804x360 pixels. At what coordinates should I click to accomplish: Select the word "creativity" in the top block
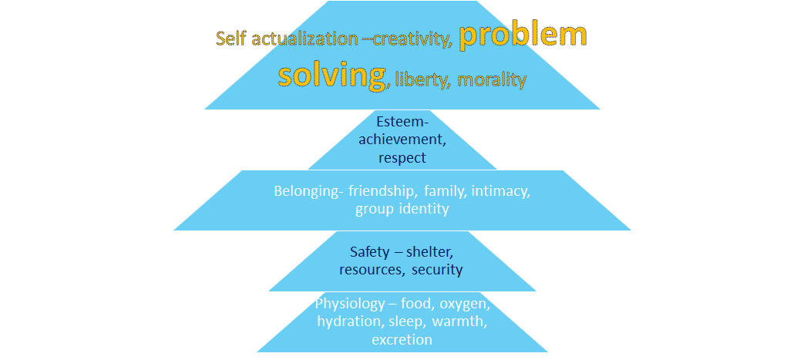pyautogui.click(x=412, y=39)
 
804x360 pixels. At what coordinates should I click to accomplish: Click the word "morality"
pyautogui.click(x=492, y=80)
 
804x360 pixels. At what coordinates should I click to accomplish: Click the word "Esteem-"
pyautogui.click(x=402, y=122)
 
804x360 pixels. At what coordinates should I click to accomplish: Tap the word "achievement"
pyautogui.click(x=402, y=140)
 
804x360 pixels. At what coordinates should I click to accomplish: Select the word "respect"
pyautogui.click(x=402, y=157)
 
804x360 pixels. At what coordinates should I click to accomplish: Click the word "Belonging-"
pyautogui.click(x=308, y=191)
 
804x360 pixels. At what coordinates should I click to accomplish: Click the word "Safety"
pyautogui.click(x=370, y=252)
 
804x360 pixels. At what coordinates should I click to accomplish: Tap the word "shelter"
pyautogui.click(x=429, y=252)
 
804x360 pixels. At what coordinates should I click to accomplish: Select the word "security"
pyautogui.click(x=437, y=270)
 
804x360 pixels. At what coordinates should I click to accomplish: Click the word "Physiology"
pyautogui.click(x=350, y=304)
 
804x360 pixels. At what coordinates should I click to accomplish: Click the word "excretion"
pyautogui.click(x=402, y=339)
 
